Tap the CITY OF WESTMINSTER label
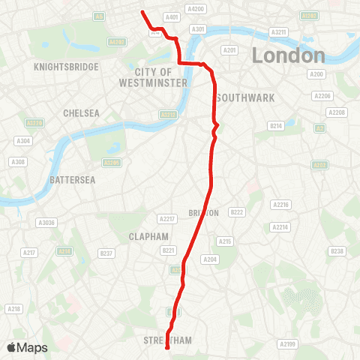(153, 77)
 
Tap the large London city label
(288, 55)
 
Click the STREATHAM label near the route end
(168, 340)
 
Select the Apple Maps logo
(26, 347)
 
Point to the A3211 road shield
(279, 32)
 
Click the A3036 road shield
(46, 223)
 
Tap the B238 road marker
(337, 251)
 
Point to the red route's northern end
(142, 11)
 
